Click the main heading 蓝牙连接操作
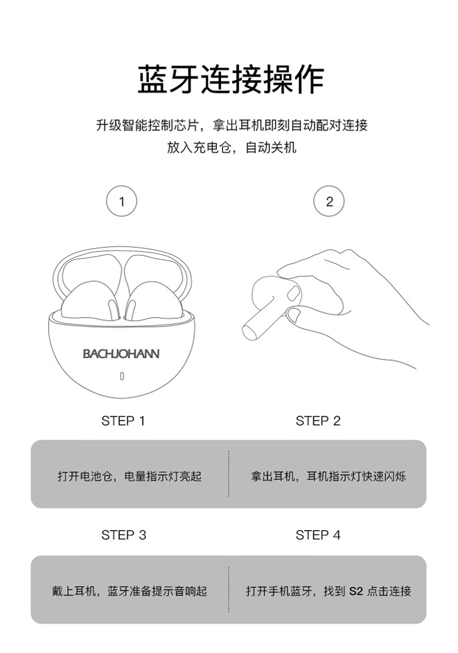click(x=230, y=79)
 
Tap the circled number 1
click(x=122, y=202)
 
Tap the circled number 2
click(x=329, y=202)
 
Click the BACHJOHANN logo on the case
click(x=121, y=353)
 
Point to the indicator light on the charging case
click(x=122, y=376)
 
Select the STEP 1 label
click(x=123, y=421)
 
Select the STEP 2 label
click(x=318, y=421)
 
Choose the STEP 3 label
click(x=123, y=535)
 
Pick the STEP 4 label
click(x=318, y=535)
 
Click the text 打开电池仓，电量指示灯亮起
click(x=129, y=476)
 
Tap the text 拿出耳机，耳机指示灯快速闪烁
click(x=328, y=476)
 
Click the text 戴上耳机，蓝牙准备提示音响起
click(x=129, y=591)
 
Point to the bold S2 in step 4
click(x=356, y=591)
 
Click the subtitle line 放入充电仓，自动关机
click(x=231, y=147)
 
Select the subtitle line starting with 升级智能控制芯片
click(x=231, y=125)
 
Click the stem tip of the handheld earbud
click(x=248, y=332)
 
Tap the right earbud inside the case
click(x=154, y=301)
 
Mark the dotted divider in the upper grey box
click(x=229, y=473)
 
